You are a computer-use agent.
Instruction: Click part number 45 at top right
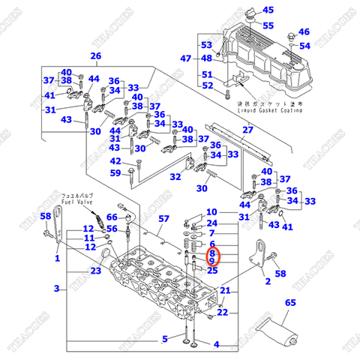268,10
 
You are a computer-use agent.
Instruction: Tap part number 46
304,32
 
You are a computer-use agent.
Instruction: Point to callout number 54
304,46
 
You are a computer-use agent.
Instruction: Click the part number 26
95,56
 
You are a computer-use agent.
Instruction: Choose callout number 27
247,131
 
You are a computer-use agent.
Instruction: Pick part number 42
115,161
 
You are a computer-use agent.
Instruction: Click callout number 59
115,173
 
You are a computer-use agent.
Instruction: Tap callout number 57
163,218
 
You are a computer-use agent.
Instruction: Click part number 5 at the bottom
165,338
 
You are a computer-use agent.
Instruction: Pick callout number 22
223,312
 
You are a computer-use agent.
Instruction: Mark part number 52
208,85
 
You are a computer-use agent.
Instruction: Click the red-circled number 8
212,254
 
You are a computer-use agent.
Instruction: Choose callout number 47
186,58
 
